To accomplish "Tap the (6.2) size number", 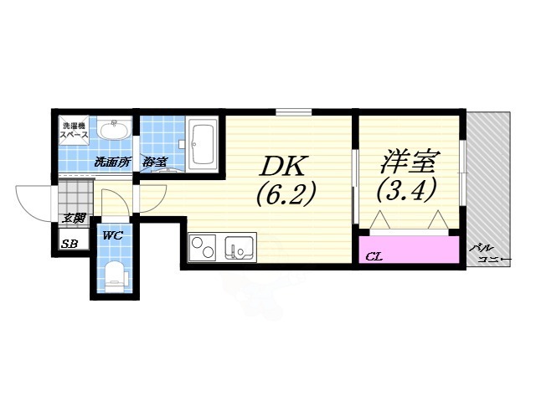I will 286,194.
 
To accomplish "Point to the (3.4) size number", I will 407,191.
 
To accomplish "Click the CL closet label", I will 374,256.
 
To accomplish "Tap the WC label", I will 113,236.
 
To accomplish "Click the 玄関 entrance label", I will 74,219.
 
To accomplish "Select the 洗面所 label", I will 111,162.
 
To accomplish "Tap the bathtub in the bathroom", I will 204,143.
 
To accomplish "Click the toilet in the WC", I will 114,273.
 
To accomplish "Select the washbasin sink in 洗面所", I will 114,130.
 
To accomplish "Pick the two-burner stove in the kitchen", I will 203,248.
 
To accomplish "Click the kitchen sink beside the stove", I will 240,249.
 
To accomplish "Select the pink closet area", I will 410,250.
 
